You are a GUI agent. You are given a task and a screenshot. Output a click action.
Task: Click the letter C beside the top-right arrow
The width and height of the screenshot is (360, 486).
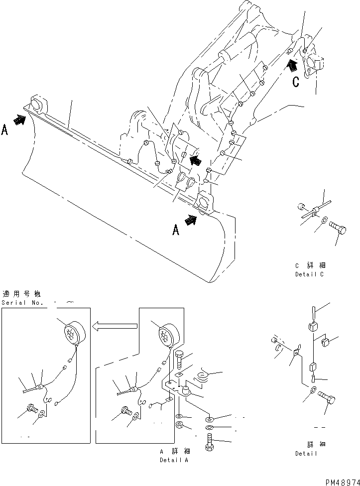pyautogui.click(x=296, y=82)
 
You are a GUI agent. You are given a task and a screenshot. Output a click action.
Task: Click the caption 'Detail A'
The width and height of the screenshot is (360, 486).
pyautogui.click(x=174, y=460)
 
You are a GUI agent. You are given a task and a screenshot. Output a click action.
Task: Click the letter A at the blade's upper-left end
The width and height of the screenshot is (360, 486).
pyautogui.click(x=5, y=130)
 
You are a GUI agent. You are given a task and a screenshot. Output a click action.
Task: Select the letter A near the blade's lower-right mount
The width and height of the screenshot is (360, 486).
pyautogui.click(x=175, y=230)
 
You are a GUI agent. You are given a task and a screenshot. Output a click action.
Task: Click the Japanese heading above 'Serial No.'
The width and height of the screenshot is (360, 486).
pyautogui.click(x=22, y=293)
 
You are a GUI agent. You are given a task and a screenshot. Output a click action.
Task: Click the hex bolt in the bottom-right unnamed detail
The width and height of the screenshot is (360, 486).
pyautogui.click(x=327, y=398)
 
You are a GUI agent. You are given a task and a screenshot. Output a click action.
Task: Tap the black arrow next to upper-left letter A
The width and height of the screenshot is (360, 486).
pyautogui.click(x=20, y=120)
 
